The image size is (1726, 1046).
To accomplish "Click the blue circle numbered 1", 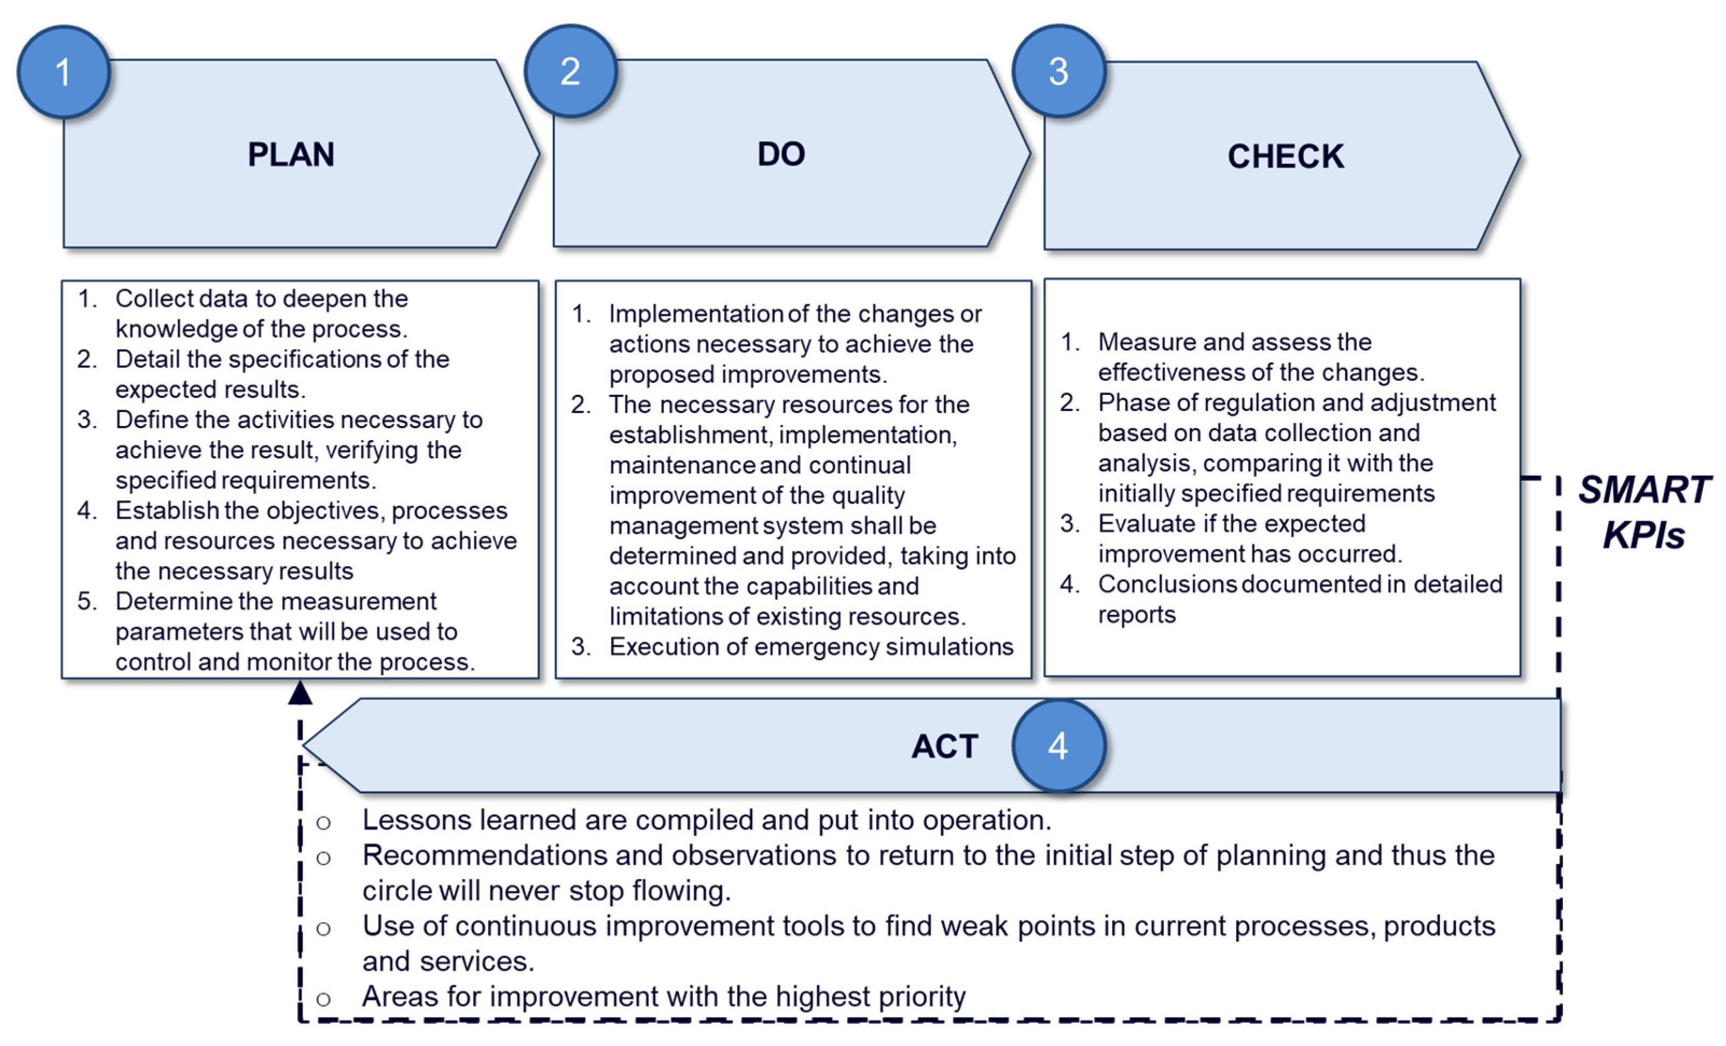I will pos(63,72).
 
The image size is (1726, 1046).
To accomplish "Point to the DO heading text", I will pos(781,154).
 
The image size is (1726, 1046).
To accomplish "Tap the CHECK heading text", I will pos(1285,156).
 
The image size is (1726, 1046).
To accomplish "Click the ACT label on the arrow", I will pos(944,747).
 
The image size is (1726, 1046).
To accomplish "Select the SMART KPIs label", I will pos(1644,512).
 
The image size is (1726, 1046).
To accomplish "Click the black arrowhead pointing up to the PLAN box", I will pos(301,693).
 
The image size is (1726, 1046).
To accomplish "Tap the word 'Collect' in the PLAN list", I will pos(154,299).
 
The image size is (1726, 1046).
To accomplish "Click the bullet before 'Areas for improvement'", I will pos(323,999).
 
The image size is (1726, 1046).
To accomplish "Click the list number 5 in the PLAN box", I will pos(86,602).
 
